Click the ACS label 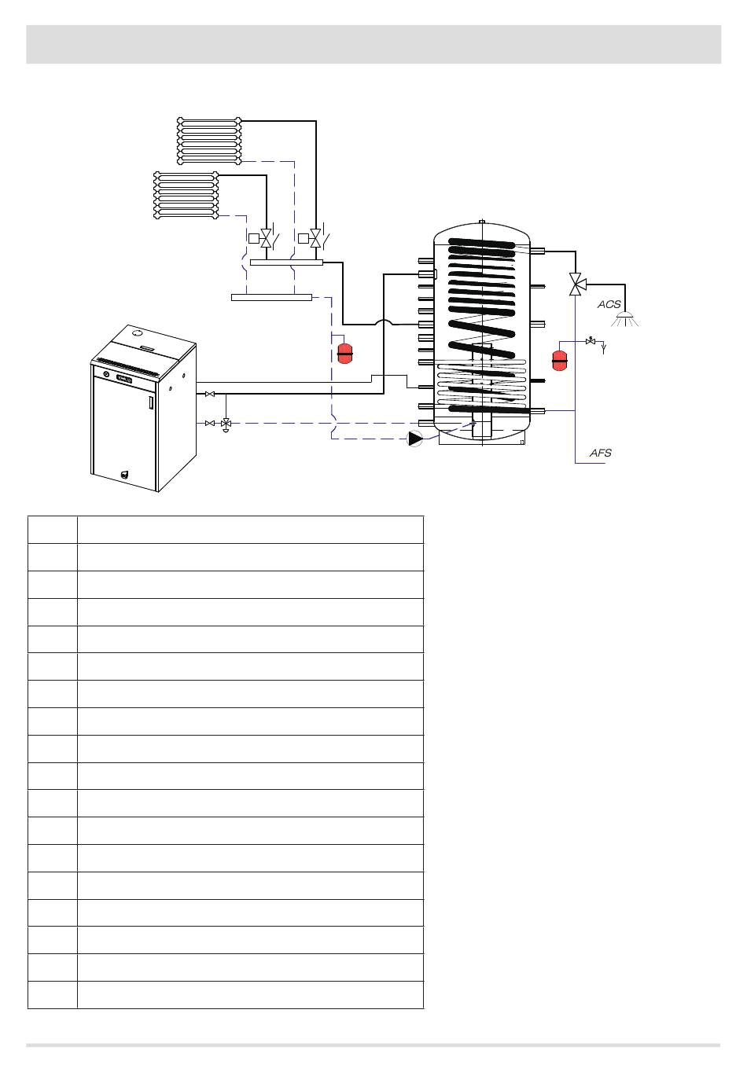609,304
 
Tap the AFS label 600,453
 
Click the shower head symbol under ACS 627,319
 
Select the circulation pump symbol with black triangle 415,439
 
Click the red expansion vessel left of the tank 344,354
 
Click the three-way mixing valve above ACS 575,284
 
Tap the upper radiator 208,141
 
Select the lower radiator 186,194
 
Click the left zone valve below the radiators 267,237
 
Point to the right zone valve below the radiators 315,237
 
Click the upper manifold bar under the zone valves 286,262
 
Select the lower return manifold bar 271,297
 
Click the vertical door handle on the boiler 148,404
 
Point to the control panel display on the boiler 124,380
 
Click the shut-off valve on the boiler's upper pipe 209,394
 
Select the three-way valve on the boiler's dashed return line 226,424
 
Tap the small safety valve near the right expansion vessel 591,342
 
